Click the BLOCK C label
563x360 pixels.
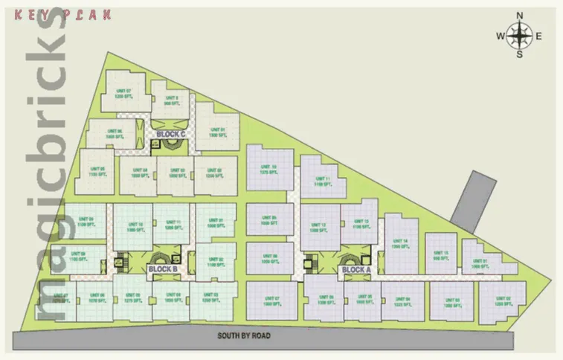click(171, 134)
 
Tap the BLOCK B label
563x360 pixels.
click(162, 269)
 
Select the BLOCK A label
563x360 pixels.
click(356, 269)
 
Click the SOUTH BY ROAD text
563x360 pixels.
click(244, 335)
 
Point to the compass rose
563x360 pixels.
click(520, 34)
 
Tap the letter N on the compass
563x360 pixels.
click(520, 15)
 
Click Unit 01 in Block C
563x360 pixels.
click(217, 132)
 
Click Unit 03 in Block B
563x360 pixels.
click(210, 300)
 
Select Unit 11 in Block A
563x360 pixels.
click(322, 180)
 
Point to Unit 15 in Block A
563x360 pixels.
click(441, 255)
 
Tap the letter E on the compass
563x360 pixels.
click(538, 36)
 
